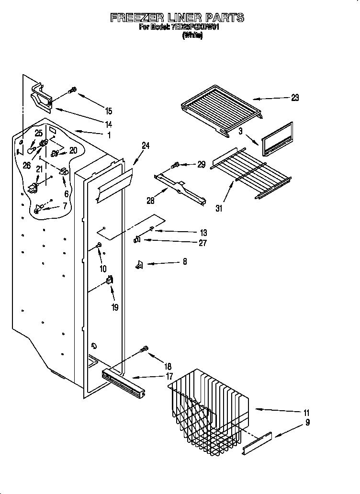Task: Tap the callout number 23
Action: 294,98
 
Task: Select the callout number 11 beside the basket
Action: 306,413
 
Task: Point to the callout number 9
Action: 307,422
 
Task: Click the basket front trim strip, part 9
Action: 258,443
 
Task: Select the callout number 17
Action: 169,376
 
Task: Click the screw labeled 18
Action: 144,350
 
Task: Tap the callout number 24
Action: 146,146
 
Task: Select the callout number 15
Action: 109,111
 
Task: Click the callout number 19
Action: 114,307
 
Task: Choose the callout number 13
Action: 203,233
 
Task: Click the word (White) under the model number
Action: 192,35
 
